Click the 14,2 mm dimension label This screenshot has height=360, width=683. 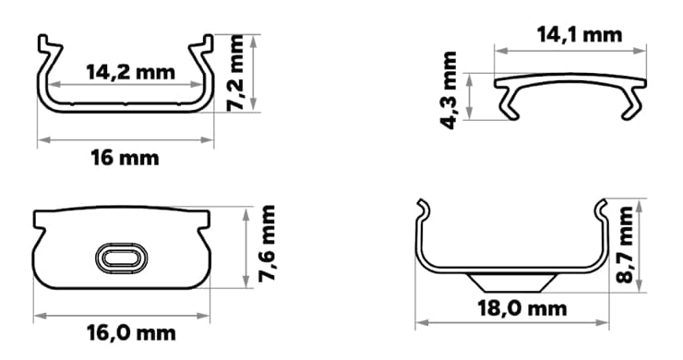click(130, 72)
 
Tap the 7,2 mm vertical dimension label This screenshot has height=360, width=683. click(235, 73)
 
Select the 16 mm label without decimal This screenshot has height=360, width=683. click(125, 157)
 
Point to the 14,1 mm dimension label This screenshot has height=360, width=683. click(580, 35)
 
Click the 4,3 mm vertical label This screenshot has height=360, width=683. click(449, 90)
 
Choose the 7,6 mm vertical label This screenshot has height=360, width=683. click(267, 243)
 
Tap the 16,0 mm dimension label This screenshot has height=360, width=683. click(131, 333)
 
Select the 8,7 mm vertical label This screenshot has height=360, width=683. click(626, 245)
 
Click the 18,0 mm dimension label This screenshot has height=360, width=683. click(522, 308)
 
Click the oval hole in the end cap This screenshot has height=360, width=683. click(121, 258)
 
